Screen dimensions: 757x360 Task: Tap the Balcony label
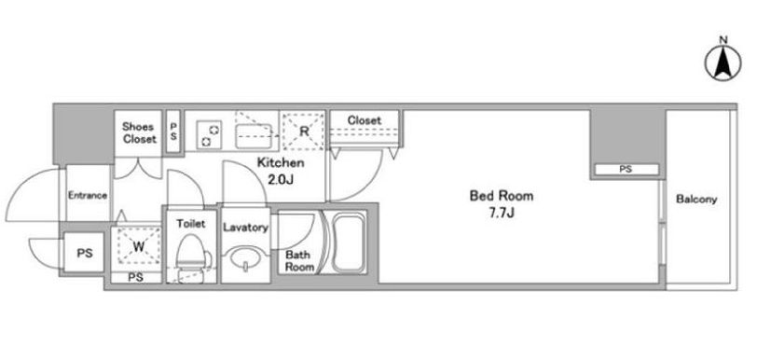point(696,199)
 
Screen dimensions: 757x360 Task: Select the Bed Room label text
point(502,196)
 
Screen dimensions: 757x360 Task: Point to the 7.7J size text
point(502,213)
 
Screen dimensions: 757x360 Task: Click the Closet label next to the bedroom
point(364,120)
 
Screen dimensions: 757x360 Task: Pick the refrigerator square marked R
point(304,132)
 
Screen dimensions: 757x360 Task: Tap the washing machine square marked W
point(139,247)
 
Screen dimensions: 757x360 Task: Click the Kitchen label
point(280,162)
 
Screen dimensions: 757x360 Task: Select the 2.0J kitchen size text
point(280,180)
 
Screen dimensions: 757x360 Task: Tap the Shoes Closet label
point(139,132)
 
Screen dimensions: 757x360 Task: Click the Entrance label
point(88,196)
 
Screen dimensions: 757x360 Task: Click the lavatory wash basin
point(246,258)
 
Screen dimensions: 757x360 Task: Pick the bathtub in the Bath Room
point(348,243)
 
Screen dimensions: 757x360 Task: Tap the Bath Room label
point(299,261)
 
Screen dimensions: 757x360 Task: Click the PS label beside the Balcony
point(626,170)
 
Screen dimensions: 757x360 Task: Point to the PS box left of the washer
point(84,252)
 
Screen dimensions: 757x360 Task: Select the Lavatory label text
point(245,228)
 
